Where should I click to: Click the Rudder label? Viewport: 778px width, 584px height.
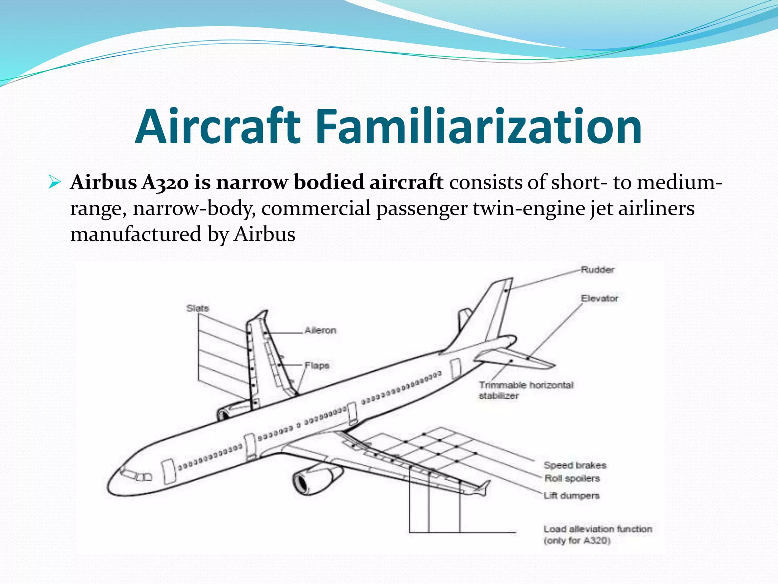click(x=597, y=270)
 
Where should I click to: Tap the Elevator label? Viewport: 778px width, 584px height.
click(x=599, y=298)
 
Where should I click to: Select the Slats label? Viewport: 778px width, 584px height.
click(x=198, y=308)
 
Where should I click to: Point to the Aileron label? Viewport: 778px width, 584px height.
click(x=320, y=330)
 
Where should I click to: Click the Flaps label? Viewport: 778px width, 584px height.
click(x=317, y=366)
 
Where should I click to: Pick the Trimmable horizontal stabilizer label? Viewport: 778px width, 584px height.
click(x=526, y=390)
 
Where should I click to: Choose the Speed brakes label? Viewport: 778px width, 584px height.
click(x=575, y=465)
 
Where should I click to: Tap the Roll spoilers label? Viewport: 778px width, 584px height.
click(x=572, y=478)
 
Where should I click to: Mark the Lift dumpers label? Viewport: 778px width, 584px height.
click(x=571, y=496)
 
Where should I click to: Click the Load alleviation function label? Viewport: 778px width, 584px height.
click(x=598, y=534)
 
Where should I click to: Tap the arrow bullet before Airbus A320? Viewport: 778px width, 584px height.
click(x=55, y=183)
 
